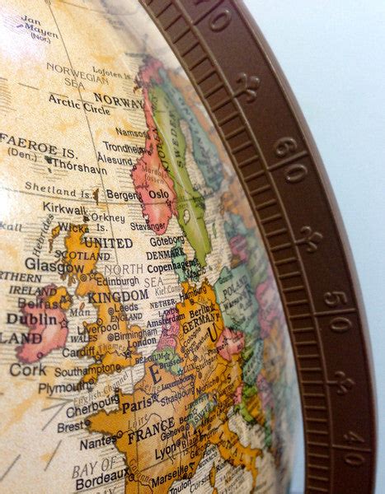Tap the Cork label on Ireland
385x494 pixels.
point(27,370)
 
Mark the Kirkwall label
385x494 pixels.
point(64,209)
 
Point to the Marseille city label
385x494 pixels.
point(169,478)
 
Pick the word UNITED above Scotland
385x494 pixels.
point(108,243)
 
